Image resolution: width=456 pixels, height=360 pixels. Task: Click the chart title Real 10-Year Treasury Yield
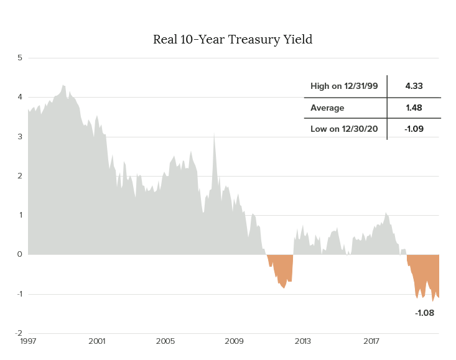(x=232, y=40)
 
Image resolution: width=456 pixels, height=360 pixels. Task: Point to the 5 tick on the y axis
(x=19, y=58)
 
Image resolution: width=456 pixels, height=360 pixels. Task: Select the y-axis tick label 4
(x=19, y=97)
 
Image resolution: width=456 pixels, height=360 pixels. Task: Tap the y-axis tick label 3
(x=19, y=136)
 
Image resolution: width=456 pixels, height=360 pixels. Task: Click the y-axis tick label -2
(x=19, y=333)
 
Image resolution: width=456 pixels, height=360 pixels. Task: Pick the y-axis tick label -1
(x=19, y=293)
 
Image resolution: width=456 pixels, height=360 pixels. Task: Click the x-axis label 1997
(x=27, y=341)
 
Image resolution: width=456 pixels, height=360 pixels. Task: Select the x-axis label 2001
(x=96, y=341)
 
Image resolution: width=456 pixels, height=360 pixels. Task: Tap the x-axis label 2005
(x=165, y=341)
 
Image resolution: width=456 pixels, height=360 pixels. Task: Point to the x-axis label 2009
(x=234, y=341)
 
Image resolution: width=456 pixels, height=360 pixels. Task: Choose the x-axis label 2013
(x=302, y=341)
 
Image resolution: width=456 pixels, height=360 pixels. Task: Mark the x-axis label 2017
(x=371, y=341)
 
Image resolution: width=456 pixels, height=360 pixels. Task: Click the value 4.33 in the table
(x=414, y=86)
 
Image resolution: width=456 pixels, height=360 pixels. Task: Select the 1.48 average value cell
(x=414, y=108)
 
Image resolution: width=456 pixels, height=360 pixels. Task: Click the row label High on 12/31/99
(x=344, y=86)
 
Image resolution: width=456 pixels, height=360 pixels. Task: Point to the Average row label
(x=327, y=108)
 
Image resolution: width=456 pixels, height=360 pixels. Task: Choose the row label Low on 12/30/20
(x=344, y=129)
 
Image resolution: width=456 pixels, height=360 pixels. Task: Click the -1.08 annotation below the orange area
(x=424, y=313)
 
